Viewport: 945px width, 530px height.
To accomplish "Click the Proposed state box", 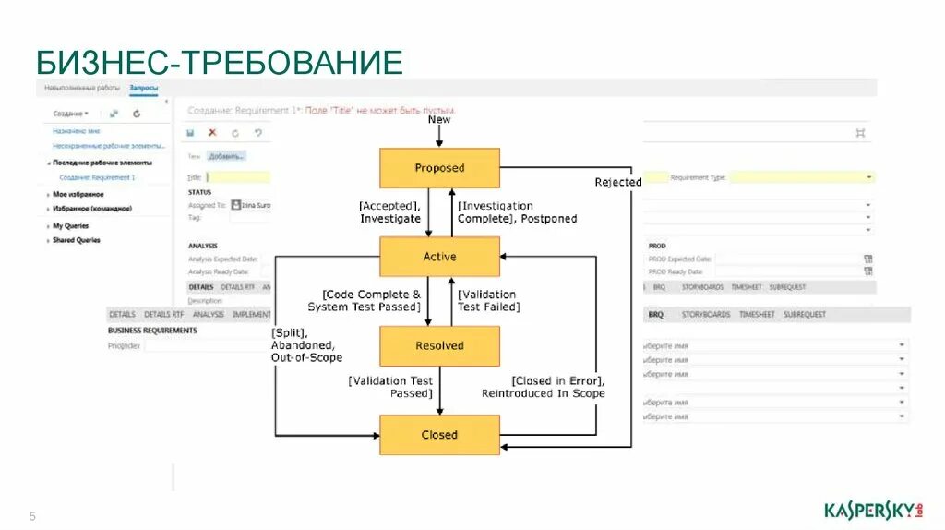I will coord(439,168).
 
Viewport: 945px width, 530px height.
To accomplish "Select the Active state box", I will coord(439,257).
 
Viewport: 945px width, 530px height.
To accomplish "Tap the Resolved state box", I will coord(439,346).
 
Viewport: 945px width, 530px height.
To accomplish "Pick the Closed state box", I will coord(439,435).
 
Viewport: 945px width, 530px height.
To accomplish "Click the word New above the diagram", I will coord(439,120).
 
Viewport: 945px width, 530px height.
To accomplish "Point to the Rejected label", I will coord(617,182).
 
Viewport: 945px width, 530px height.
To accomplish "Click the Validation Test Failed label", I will coord(488,300).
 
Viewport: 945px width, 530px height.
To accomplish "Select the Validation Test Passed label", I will coord(390,387).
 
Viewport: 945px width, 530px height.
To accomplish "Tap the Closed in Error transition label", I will coord(544,387).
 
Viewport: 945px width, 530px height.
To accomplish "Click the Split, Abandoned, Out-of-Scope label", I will coord(306,344).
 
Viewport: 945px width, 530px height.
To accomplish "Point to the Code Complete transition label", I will coord(365,300).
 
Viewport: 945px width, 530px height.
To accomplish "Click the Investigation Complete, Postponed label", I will coord(517,212).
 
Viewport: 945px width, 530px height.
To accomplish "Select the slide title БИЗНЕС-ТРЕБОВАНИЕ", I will coord(220,63).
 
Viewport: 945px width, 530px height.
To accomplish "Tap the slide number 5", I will coord(32,515).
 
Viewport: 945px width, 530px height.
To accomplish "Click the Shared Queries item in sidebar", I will coord(77,240).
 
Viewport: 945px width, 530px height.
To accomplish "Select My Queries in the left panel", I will coord(71,225).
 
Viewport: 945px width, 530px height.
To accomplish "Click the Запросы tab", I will coord(143,89).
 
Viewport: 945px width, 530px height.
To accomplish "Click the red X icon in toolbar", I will coord(213,133).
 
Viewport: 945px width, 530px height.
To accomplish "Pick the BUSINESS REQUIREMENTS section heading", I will coord(152,330).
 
